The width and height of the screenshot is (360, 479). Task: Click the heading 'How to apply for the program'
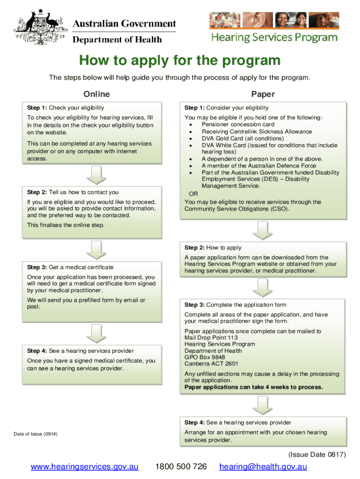click(180, 61)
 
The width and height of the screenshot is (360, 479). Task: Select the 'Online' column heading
click(96, 94)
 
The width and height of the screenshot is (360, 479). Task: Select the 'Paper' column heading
click(263, 94)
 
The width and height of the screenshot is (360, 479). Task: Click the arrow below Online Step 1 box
click(97, 174)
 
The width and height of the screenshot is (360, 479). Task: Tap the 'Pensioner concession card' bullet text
click(238, 124)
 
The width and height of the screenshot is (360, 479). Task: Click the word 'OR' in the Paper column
click(193, 194)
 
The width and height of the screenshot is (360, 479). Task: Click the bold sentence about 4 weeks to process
click(254, 387)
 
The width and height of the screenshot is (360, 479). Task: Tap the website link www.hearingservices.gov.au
click(85, 467)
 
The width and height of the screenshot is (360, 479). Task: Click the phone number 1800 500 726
click(181, 467)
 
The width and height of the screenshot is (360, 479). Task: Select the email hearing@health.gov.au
click(263, 467)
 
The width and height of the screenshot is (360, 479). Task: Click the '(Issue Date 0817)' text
click(317, 455)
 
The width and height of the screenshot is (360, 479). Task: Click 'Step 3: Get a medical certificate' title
click(70, 267)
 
